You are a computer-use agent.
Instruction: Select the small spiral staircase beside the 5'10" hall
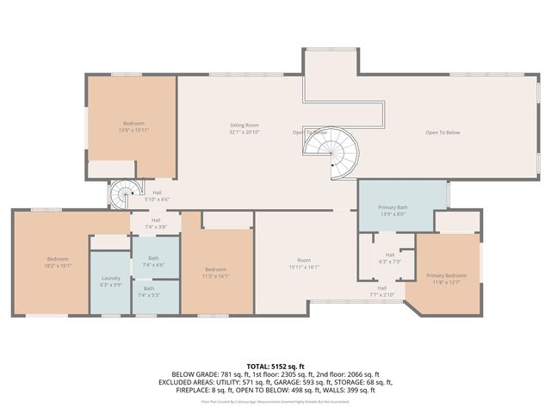123,194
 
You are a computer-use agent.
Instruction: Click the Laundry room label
110,278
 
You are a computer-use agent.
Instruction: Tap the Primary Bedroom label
444,275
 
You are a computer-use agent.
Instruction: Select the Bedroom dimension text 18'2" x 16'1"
58,266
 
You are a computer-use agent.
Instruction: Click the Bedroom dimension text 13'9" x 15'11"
133,131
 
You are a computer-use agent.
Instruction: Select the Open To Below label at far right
443,133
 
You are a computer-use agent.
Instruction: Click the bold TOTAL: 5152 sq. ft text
275,365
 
